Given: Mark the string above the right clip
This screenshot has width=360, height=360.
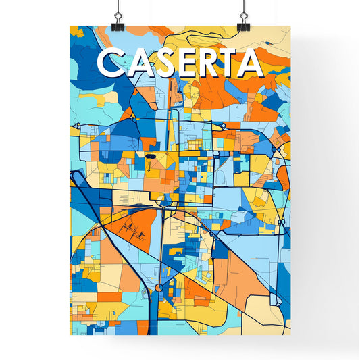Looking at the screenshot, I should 242,7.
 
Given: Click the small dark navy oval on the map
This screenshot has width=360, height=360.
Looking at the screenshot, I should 150,156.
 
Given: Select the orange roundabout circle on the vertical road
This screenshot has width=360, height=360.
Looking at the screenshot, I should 159,288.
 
